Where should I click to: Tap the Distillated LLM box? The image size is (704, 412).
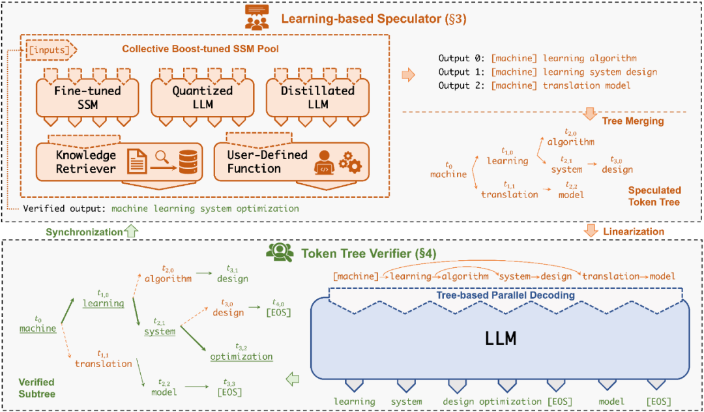(x=317, y=98)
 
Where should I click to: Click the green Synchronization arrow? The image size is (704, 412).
(x=131, y=231)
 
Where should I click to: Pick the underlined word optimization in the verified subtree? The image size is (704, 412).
(x=241, y=357)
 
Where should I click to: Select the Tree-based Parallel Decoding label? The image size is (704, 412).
(x=506, y=296)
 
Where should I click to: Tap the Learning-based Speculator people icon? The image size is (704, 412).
(x=255, y=18)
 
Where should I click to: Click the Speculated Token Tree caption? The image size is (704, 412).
(x=654, y=196)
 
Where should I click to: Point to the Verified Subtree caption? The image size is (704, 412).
(x=37, y=389)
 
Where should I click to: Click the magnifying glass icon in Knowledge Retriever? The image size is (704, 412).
(x=162, y=157)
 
